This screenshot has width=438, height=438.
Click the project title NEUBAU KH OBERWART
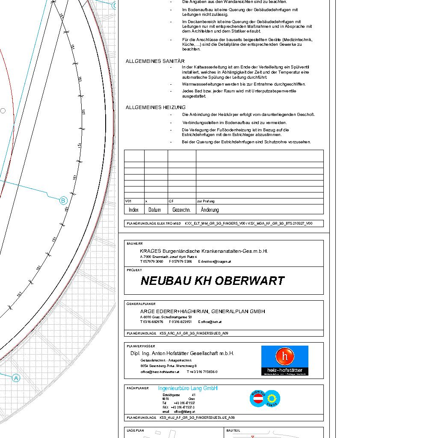pyautogui.click(x=212, y=281)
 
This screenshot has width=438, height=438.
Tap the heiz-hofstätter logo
pyautogui.click(x=284, y=360)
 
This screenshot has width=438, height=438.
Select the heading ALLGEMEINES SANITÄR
pyautogui.click(x=155, y=61)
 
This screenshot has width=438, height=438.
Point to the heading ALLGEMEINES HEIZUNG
pyautogui.click(x=155, y=107)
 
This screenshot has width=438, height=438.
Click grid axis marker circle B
pyautogui.click(x=63, y=200)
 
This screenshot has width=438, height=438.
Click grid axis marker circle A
pyautogui.click(x=16, y=378)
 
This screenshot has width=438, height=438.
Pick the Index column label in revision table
pyautogui.click(x=133, y=210)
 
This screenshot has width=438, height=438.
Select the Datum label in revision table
pyautogui.click(x=154, y=210)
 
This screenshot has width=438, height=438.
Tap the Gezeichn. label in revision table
pyautogui.click(x=181, y=210)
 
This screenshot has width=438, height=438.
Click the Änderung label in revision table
pyautogui.click(x=210, y=210)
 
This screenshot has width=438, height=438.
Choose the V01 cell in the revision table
pyautogui.click(x=128, y=201)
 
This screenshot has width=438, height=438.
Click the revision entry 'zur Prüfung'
pyautogui.click(x=206, y=201)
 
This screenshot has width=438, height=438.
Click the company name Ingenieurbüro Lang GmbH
pyautogui.click(x=188, y=388)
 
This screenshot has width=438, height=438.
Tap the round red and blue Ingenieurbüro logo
pyautogui.click(x=265, y=398)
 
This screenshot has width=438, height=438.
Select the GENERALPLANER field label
pyautogui.click(x=138, y=304)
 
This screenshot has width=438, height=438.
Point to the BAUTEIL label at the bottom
pyautogui.click(x=233, y=430)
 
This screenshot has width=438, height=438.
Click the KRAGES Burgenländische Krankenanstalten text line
pyautogui.click(x=204, y=251)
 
